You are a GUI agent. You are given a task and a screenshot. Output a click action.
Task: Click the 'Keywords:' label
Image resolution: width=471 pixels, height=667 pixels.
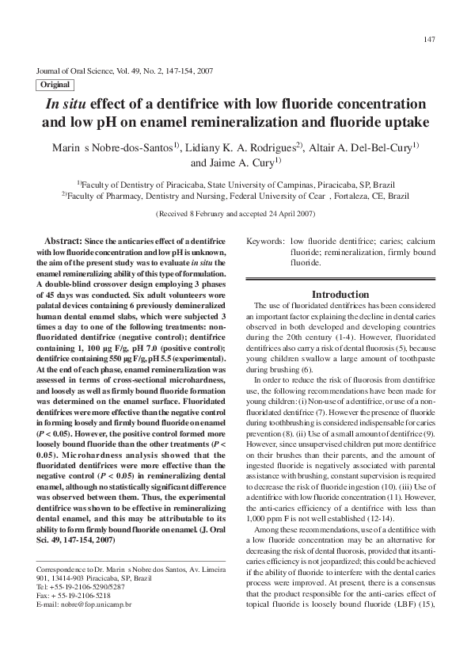point(266,240)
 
